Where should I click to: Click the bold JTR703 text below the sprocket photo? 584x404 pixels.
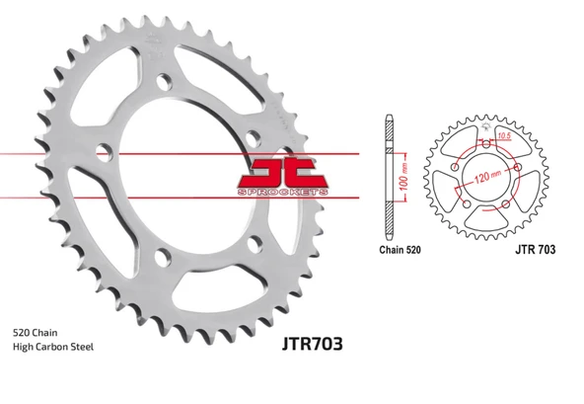coord(312,344)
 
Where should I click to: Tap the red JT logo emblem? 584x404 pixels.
coord(283,176)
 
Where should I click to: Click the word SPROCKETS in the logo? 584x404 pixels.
coord(283,192)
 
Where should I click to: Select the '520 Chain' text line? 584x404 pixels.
coord(35,332)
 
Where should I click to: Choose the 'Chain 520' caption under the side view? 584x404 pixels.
coord(400,250)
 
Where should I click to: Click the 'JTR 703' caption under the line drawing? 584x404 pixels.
coord(536,249)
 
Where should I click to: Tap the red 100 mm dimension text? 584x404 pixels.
coord(403,177)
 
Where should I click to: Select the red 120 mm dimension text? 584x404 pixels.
coord(488,176)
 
